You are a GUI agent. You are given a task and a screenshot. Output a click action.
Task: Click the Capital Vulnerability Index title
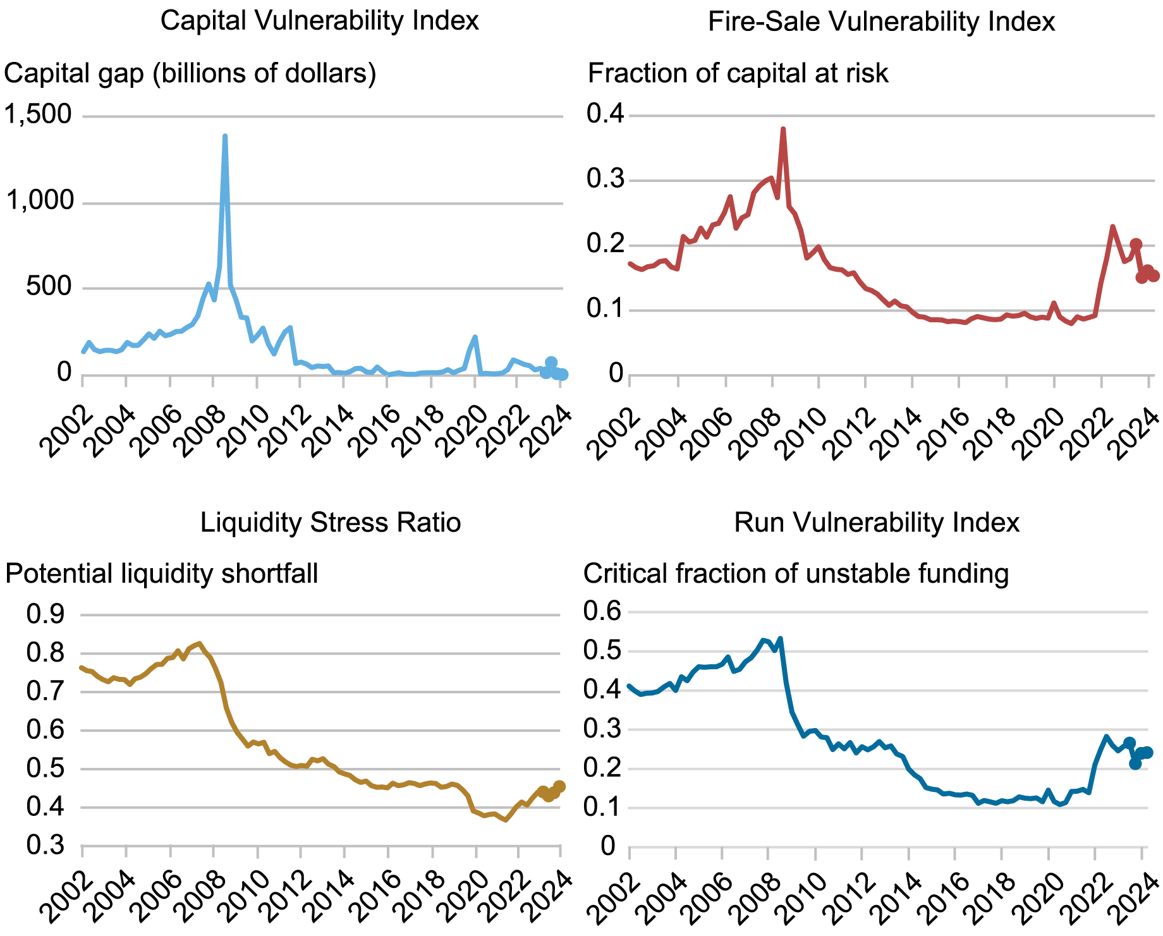click(x=319, y=21)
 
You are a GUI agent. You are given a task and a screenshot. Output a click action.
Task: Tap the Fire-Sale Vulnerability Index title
click(x=881, y=21)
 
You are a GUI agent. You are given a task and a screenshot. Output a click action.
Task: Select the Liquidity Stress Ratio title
click(x=330, y=523)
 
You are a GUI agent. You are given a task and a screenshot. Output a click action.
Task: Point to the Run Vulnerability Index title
click(x=877, y=523)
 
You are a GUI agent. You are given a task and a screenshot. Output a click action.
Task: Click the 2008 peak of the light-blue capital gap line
click(x=225, y=136)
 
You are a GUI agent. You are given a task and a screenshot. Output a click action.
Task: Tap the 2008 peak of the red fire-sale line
click(x=783, y=129)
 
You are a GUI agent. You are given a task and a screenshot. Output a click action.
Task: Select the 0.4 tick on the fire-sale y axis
click(x=605, y=114)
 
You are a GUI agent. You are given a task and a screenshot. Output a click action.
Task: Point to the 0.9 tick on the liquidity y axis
click(x=46, y=614)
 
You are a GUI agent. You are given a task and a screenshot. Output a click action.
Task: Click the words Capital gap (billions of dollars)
click(x=190, y=73)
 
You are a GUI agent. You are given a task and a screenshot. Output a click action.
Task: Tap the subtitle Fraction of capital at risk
click(x=738, y=73)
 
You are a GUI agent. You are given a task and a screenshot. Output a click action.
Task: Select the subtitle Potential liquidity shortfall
click(x=161, y=574)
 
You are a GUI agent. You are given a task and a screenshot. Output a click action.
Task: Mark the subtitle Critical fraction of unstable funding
click(x=796, y=574)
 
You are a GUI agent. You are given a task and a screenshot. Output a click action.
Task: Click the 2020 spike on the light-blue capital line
click(x=475, y=337)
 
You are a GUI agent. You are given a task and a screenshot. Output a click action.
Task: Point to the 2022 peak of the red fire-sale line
click(x=1112, y=226)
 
